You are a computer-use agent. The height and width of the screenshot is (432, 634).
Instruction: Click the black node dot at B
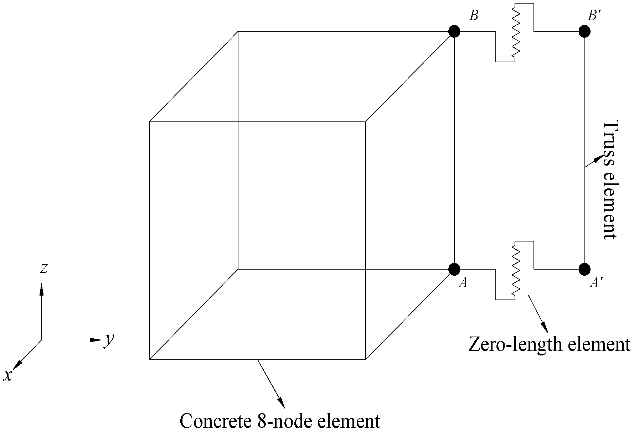[454, 31]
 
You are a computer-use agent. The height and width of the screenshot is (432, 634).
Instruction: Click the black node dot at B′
[584, 31]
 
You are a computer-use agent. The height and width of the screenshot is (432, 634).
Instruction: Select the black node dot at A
[454, 269]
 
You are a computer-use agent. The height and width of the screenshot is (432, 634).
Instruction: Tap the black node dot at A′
[584, 269]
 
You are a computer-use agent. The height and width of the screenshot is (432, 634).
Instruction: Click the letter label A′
[596, 283]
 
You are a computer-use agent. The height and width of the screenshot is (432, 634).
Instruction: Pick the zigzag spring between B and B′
[516, 32]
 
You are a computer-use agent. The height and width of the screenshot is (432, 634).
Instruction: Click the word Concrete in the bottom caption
[216, 421]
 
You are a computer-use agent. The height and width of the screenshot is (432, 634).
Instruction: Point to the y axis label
[109, 340]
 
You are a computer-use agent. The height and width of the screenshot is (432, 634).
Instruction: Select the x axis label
[7, 375]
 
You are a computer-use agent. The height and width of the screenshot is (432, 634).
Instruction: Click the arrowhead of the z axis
[42, 290]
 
